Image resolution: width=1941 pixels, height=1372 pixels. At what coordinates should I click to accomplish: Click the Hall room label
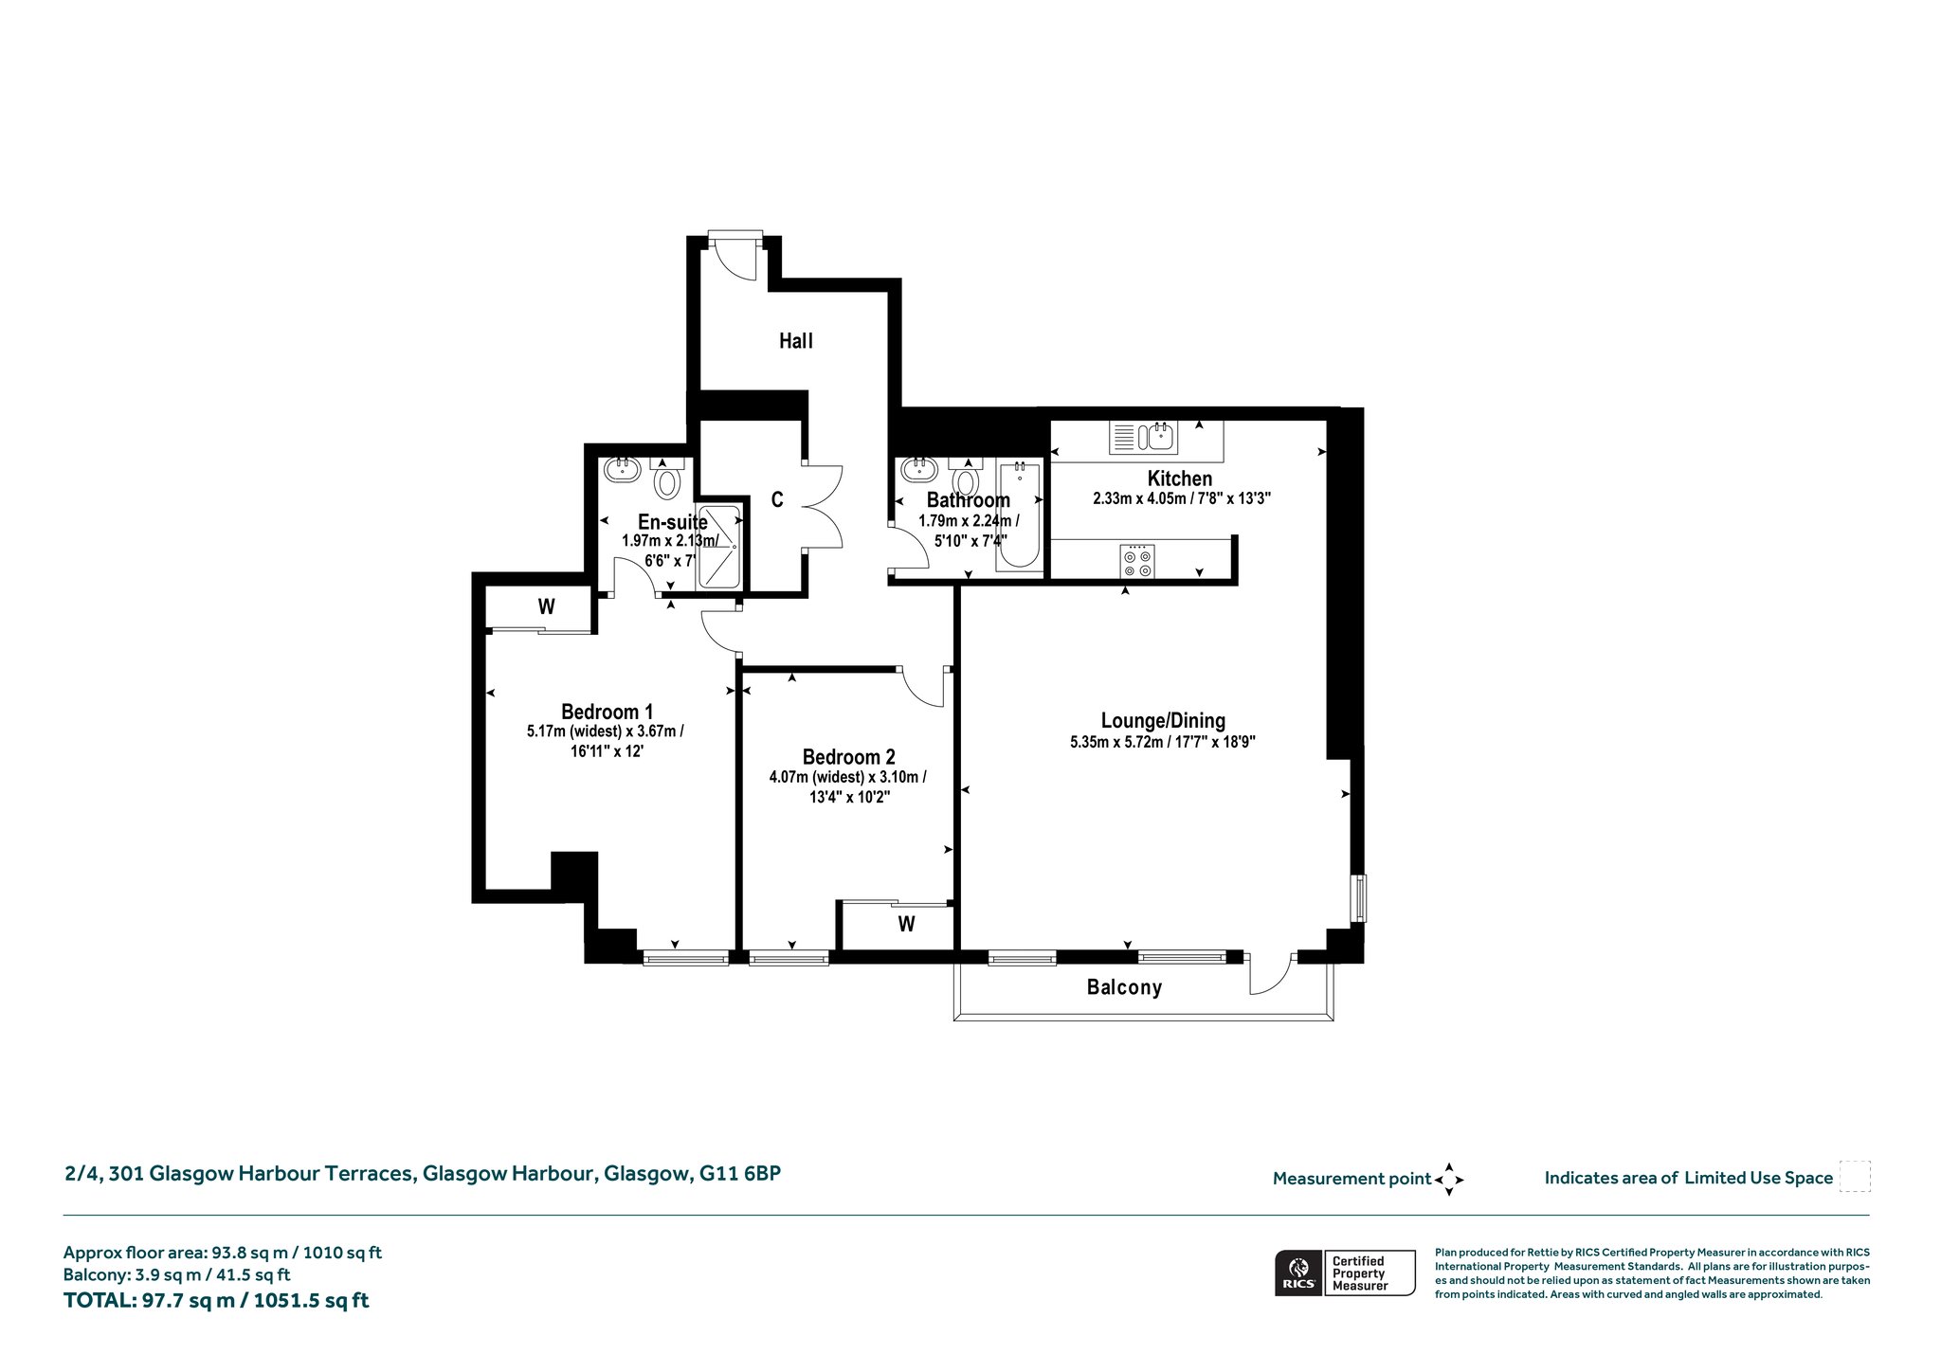point(796,341)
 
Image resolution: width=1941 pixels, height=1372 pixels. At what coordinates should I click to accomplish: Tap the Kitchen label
point(1180,478)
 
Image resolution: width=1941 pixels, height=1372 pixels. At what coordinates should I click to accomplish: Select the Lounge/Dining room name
point(1163,721)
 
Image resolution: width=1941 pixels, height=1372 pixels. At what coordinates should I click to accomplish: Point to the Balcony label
point(1124,987)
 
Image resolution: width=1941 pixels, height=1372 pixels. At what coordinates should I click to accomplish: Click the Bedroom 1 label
point(607,712)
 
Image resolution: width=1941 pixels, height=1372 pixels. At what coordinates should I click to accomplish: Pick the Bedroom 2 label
point(848,757)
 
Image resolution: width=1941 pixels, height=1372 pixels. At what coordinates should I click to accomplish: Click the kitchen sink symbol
point(1142,437)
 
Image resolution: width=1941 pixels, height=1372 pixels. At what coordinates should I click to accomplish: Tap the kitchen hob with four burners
point(1137,560)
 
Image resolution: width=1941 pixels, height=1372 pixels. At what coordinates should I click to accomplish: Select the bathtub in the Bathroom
point(1019,515)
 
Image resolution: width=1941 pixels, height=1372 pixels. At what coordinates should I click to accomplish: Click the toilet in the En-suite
point(667,478)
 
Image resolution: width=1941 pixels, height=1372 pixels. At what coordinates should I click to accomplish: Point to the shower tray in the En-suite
point(719,549)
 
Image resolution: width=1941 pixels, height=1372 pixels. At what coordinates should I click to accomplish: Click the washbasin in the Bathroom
point(919,469)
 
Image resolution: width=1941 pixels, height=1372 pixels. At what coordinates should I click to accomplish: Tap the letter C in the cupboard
point(777,499)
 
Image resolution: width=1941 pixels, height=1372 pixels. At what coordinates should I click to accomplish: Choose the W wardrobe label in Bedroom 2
point(906,924)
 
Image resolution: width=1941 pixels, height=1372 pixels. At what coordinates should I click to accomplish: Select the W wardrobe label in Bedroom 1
point(546,606)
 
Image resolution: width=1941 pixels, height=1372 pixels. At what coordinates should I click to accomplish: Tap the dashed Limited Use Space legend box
point(1855,1176)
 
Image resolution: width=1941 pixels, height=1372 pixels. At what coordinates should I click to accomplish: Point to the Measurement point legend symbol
point(1449,1180)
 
